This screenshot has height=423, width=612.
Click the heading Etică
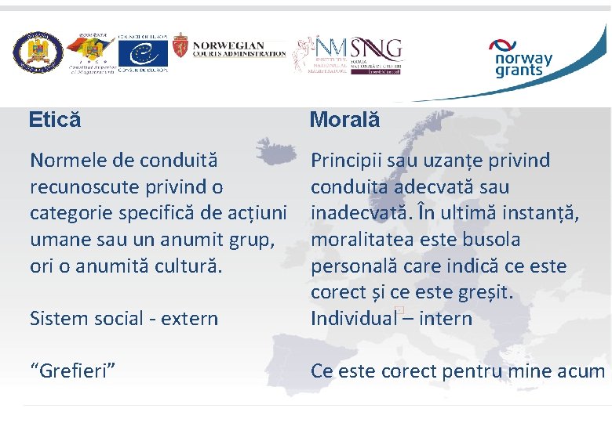[x=55, y=120]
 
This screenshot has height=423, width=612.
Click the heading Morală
[x=344, y=120]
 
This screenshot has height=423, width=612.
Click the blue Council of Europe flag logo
[x=143, y=53]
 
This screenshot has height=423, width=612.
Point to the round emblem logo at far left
[x=36, y=53]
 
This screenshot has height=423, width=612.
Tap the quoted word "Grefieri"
[x=74, y=371]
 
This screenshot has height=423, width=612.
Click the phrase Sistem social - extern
[x=124, y=319]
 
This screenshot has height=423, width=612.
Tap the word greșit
[x=485, y=292]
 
